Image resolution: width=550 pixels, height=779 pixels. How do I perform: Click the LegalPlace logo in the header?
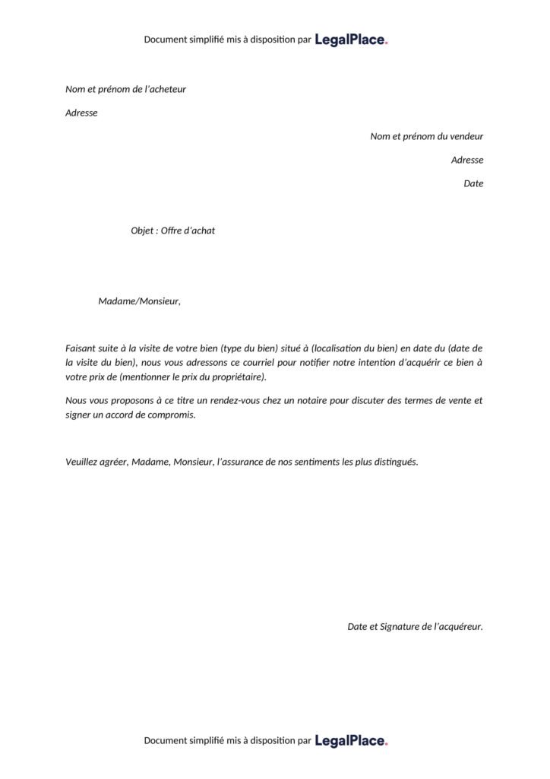(x=351, y=40)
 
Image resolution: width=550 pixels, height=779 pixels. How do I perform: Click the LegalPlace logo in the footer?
(x=351, y=740)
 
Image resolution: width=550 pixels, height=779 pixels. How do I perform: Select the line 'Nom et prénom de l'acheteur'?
(x=125, y=89)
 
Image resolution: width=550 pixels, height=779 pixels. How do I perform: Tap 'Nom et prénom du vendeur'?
(x=426, y=136)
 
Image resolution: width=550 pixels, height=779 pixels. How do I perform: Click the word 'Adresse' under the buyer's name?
(x=81, y=113)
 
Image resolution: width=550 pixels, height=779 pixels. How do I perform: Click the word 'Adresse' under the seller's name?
(x=467, y=160)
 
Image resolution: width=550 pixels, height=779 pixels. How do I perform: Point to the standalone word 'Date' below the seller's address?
(x=473, y=183)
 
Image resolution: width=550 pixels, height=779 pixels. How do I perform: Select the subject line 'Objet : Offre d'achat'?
(x=172, y=231)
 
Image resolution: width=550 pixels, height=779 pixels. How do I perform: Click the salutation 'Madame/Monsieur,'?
(x=139, y=301)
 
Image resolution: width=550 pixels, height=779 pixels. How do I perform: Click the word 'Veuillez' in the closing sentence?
(x=83, y=462)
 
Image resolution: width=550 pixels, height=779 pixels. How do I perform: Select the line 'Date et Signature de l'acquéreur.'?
(x=415, y=627)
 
